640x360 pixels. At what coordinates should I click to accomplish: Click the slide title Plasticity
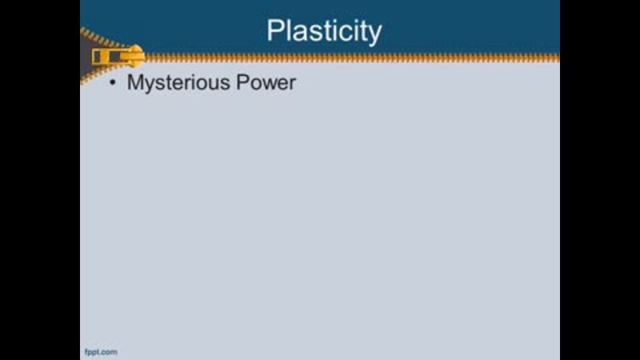[x=325, y=31]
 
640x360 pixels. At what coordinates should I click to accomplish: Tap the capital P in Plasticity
[x=275, y=30]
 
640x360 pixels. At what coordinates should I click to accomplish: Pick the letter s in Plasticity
[x=313, y=33]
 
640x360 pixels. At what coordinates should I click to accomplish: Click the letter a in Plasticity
[x=299, y=33]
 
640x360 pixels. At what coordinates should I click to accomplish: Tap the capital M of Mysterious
[x=134, y=82]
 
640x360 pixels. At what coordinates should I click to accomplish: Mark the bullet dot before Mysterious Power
[x=113, y=83]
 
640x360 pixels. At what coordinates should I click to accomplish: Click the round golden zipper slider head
[x=135, y=56]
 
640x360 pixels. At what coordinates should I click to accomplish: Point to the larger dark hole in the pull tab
[x=115, y=57]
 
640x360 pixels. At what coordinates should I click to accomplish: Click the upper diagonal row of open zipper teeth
[x=102, y=37]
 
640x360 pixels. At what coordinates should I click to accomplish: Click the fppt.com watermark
[x=101, y=352]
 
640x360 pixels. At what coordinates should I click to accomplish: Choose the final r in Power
[x=292, y=85]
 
